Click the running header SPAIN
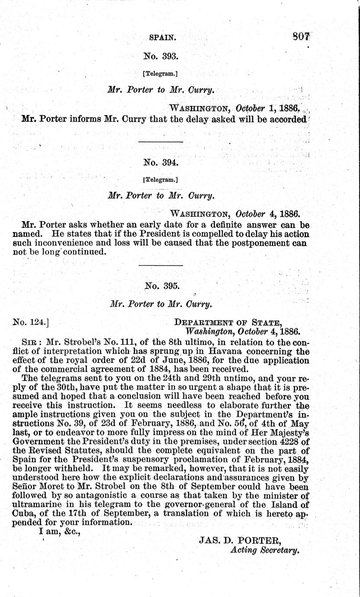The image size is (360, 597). [162, 38]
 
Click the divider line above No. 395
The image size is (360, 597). [161, 264]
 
